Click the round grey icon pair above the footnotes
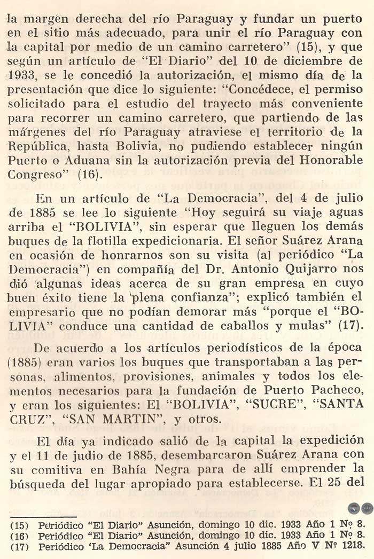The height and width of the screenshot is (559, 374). [x=360, y=508]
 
